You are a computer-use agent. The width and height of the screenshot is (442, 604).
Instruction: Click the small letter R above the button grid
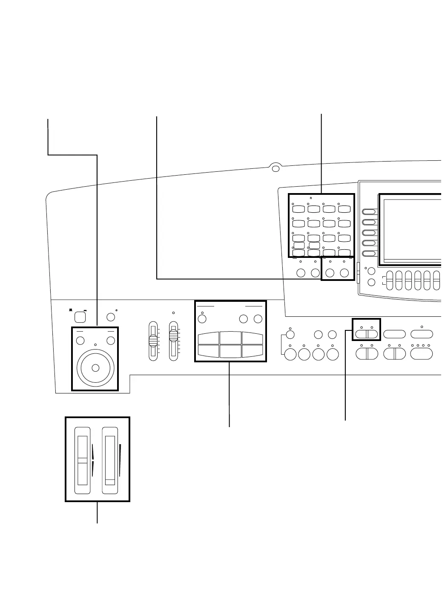(311, 198)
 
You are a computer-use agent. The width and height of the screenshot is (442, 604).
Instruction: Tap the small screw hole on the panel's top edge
(276, 169)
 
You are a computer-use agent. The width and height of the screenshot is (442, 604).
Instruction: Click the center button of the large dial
(95, 367)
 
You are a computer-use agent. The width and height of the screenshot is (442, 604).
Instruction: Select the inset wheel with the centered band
(83, 460)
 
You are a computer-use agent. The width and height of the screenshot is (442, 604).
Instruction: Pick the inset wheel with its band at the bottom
(110, 460)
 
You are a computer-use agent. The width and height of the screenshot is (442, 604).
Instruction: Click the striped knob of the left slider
(153, 341)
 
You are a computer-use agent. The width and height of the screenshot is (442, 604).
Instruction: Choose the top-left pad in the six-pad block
(208, 338)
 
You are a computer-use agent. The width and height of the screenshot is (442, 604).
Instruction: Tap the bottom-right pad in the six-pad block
(252, 351)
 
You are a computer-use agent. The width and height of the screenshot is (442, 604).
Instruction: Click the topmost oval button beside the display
(369, 212)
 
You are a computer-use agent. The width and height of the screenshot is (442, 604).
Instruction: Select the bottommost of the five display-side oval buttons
(369, 254)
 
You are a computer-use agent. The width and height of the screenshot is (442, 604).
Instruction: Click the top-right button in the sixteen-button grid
(344, 209)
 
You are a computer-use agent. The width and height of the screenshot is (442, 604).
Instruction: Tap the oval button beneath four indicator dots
(421, 354)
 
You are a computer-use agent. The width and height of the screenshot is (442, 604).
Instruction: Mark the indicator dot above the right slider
(173, 313)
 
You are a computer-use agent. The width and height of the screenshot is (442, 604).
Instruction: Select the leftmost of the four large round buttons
(290, 354)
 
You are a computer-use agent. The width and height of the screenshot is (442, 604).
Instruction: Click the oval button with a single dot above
(421, 334)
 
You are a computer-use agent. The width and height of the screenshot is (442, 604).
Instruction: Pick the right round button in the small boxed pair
(344, 273)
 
